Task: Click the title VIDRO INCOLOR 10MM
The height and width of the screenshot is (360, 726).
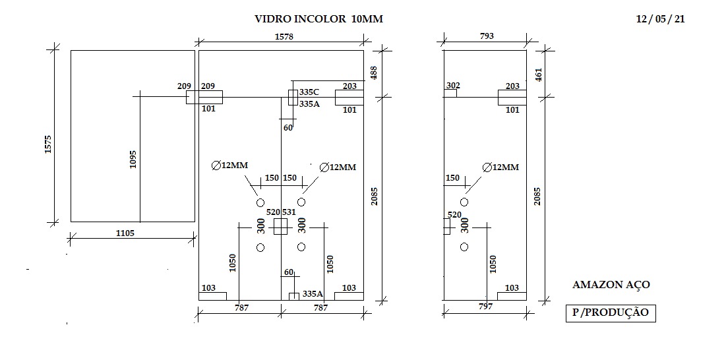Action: [x=318, y=19]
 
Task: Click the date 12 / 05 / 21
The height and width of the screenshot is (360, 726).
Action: [x=661, y=19]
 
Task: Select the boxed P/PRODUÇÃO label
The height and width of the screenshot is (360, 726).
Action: [x=611, y=313]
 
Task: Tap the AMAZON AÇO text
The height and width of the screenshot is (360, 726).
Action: [x=611, y=285]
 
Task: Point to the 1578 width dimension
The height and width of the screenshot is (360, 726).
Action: [x=284, y=36]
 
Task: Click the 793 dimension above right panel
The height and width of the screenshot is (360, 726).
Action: [x=487, y=36]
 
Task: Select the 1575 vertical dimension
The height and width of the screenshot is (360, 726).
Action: [x=47, y=144]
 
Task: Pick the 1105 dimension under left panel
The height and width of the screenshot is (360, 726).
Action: [x=125, y=233]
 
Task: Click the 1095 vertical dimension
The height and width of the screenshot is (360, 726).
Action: [x=133, y=159]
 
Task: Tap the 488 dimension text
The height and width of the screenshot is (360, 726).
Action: [x=374, y=73]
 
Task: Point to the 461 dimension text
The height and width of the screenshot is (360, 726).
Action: [x=538, y=74]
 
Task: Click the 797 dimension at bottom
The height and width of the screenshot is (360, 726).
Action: [x=485, y=307]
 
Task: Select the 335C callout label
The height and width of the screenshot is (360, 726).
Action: [x=309, y=92]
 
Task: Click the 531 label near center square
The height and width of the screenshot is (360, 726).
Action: [x=289, y=212]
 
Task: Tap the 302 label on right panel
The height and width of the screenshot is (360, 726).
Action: [x=453, y=86]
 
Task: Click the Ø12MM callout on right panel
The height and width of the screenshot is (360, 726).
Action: [x=500, y=167]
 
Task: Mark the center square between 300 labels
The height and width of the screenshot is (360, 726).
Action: [x=281, y=227]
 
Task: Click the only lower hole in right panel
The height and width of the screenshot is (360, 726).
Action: [x=464, y=247]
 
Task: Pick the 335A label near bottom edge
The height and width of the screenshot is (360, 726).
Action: [x=313, y=293]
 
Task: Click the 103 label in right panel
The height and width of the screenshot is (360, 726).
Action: [x=512, y=288]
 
